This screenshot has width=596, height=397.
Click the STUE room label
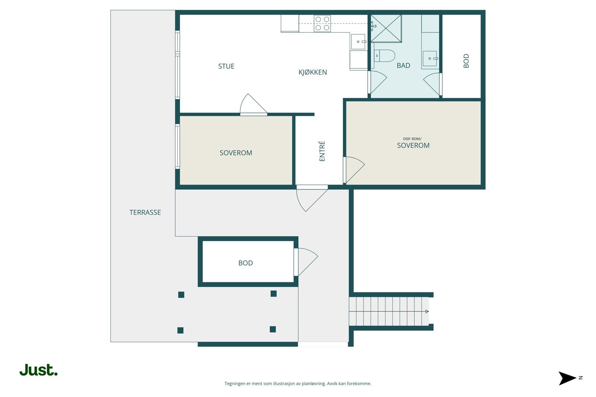226,66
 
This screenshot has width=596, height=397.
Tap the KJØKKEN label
313,72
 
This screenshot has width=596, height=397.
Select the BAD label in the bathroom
403,65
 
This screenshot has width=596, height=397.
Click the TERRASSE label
145,212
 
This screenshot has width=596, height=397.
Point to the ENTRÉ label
322,151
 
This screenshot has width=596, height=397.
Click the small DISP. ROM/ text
412,139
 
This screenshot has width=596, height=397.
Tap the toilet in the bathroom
384,56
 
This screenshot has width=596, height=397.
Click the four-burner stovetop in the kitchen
322,23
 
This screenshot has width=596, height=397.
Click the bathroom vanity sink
430,58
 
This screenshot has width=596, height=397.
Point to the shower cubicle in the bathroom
386,28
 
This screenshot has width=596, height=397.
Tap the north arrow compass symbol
568,378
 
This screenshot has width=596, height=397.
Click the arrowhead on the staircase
427,311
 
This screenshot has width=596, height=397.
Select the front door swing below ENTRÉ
312,198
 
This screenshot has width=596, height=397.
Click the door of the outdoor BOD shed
306,262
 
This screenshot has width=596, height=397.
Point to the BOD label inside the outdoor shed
245,263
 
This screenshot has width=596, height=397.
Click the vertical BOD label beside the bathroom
466,61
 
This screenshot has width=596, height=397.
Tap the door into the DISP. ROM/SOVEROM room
354,170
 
